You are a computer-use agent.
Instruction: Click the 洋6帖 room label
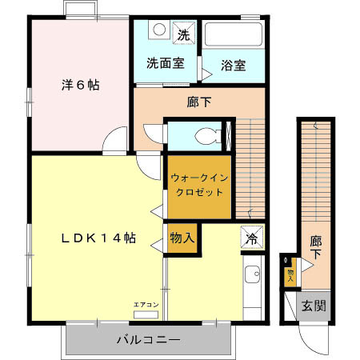click(81, 84)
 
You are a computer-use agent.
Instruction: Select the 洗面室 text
click(165, 62)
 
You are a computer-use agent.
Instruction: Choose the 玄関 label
click(313, 306)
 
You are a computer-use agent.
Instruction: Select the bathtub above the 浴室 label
click(234, 36)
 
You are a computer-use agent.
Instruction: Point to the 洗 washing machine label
click(183, 34)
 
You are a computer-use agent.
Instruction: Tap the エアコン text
click(146, 304)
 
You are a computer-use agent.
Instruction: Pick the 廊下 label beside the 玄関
click(315, 246)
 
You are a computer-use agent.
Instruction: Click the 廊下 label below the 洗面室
click(199, 102)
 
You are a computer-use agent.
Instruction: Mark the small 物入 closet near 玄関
click(290, 272)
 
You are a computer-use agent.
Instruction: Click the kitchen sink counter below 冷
click(253, 288)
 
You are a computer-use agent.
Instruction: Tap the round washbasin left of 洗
click(159, 31)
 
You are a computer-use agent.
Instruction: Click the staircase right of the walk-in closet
click(250, 168)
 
